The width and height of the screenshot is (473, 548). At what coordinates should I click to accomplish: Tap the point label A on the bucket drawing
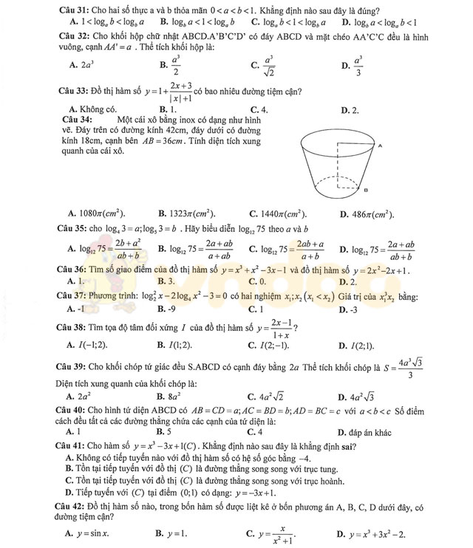click(378, 147)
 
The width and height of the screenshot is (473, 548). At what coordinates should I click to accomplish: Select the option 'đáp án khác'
click(366, 432)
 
